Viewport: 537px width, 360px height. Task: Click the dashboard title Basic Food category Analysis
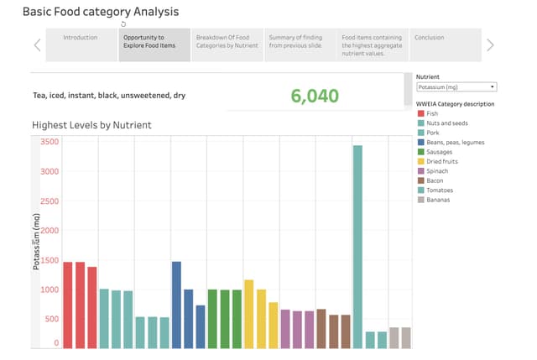tap(100, 13)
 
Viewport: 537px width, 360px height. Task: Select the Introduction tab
tap(81, 38)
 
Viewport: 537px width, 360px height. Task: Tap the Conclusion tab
tap(429, 38)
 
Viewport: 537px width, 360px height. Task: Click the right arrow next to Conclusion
tap(491, 45)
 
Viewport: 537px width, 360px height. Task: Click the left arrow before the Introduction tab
tap(37, 45)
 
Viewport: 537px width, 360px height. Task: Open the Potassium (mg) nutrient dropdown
tap(456, 86)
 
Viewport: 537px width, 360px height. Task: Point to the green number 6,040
tap(315, 95)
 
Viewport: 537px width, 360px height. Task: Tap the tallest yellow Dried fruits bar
tap(248, 314)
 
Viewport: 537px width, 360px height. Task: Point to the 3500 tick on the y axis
tap(50, 142)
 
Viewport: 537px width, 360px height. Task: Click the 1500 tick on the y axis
tap(50, 260)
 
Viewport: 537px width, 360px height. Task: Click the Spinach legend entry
tap(436, 171)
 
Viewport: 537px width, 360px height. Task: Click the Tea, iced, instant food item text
tap(109, 96)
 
